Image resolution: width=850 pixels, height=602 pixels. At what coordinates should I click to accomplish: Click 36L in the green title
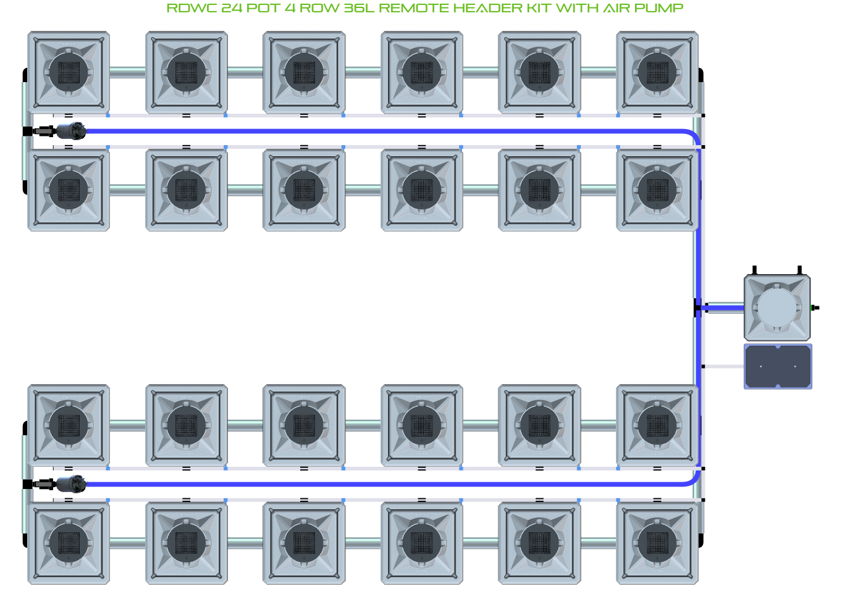[x=358, y=8]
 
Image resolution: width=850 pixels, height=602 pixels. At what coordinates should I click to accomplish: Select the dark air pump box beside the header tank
[x=778, y=367]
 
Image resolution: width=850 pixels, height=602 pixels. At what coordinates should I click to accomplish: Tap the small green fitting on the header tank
[x=812, y=307]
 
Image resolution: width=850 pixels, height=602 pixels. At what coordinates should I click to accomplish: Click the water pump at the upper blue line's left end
[x=70, y=131]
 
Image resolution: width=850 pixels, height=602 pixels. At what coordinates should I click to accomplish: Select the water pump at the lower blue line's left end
[x=70, y=483]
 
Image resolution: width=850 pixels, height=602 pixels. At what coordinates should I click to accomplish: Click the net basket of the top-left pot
[x=69, y=72]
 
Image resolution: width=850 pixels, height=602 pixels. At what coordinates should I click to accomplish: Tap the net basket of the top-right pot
[x=657, y=72]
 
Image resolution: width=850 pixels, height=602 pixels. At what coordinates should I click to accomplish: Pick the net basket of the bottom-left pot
[x=69, y=543]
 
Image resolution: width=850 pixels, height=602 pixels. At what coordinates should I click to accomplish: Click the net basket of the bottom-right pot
[x=657, y=543]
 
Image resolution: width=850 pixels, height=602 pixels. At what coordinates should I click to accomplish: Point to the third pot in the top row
[x=304, y=72]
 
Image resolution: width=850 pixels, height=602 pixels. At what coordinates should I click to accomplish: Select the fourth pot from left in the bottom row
[x=422, y=543]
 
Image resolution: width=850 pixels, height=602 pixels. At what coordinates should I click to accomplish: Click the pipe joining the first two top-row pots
[x=127, y=72]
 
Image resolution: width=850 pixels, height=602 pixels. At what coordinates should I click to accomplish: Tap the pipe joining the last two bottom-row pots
[x=598, y=543]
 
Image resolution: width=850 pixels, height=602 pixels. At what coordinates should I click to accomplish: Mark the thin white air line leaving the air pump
[x=723, y=367]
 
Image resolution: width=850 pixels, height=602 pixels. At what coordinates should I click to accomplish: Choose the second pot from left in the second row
[x=187, y=190]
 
